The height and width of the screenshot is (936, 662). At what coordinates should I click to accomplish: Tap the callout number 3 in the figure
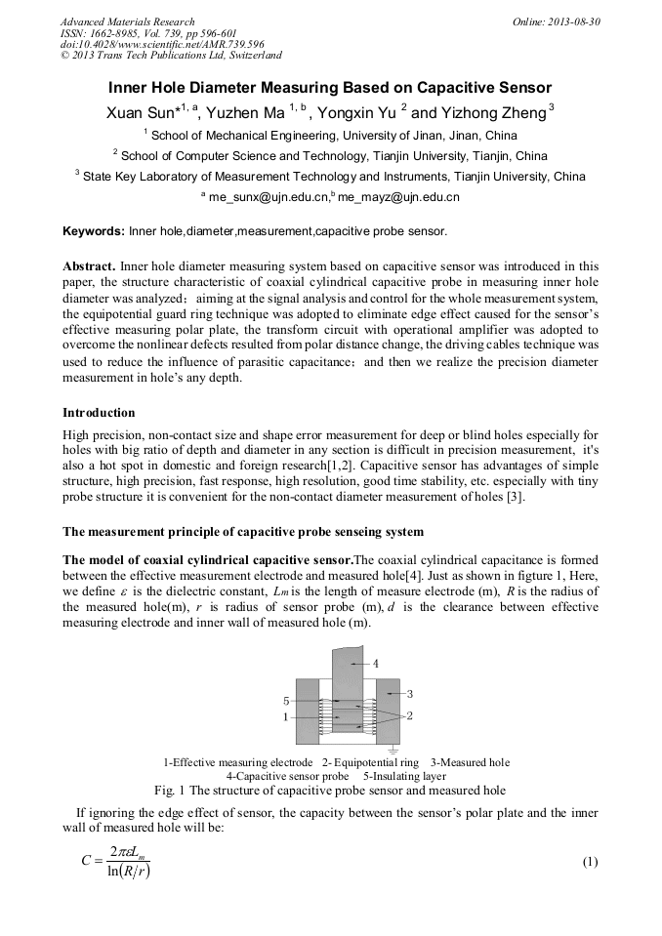click(x=411, y=693)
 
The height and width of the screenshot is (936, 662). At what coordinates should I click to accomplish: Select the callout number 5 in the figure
click(x=285, y=701)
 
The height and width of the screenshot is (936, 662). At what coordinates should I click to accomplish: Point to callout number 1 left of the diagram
click(x=285, y=716)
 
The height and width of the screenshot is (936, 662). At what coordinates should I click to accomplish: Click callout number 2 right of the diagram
click(x=410, y=715)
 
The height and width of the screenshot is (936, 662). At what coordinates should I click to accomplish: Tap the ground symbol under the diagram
click(x=392, y=750)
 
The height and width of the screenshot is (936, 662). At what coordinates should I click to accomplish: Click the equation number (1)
click(x=589, y=862)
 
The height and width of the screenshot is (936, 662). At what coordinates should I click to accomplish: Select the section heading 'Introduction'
click(x=99, y=413)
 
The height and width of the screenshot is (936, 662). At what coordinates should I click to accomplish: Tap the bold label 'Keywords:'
click(x=94, y=231)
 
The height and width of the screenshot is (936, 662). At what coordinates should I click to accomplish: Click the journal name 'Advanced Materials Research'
click(x=127, y=21)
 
